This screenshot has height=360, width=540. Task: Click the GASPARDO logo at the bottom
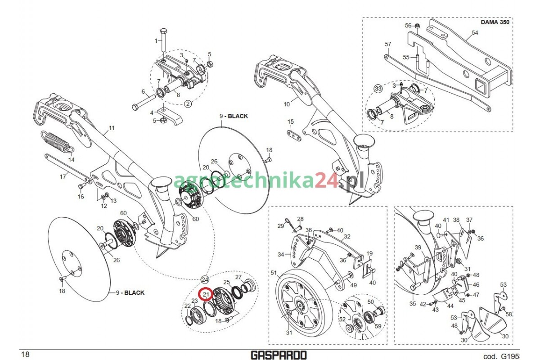(279, 355)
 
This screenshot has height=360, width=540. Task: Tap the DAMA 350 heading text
(495, 22)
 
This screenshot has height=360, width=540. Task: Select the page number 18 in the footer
(25, 355)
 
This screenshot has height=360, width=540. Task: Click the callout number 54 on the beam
(475, 32)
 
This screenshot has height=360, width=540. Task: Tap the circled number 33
(378, 89)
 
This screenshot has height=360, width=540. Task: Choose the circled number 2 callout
(188, 103)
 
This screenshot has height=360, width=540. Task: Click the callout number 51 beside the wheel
(274, 273)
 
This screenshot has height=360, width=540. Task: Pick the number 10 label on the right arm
(287, 104)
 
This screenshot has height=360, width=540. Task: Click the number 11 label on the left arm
(111, 128)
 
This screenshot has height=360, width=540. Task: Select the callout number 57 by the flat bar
(388, 44)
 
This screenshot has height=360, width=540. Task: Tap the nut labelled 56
(417, 26)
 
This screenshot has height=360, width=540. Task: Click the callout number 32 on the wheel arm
(347, 236)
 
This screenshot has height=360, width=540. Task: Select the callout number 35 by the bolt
(412, 304)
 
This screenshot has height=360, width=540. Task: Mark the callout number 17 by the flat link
(63, 176)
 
